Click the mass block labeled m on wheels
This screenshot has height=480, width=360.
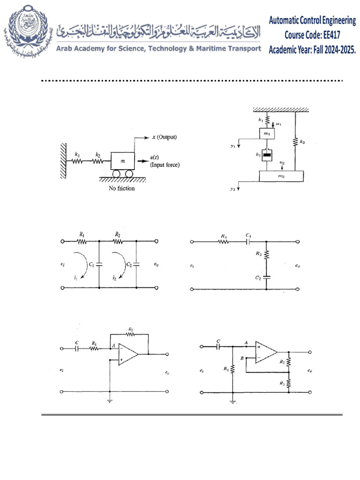(122, 161)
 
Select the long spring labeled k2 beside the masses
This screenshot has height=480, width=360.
(295, 140)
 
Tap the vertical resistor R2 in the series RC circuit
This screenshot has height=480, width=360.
(266, 255)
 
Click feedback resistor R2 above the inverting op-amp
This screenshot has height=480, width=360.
(131, 334)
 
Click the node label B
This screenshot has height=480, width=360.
(242, 358)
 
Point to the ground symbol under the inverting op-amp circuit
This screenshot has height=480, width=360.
(109, 400)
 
